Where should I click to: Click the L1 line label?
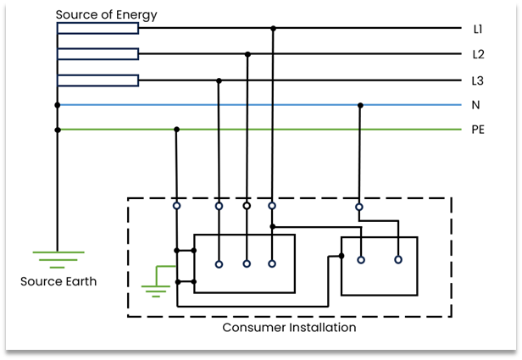click(x=478, y=29)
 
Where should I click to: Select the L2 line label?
click(x=478, y=54)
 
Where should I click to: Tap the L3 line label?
click(x=478, y=80)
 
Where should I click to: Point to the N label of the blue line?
click(x=476, y=106)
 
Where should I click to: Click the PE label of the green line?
click(x=478, y=130)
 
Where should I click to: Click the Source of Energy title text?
click(x=106, y=15)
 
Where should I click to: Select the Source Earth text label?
click(x=59, y=281)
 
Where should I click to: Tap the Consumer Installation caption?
click(x=289, y=327)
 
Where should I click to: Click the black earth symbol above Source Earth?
click(x=58, y=258)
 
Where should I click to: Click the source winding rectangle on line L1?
click(x=97, y=29)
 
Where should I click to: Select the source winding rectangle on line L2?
click(x=97, y=54)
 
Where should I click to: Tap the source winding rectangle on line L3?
click(x=97, y=80)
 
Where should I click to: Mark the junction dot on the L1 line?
click(x=272, y=29)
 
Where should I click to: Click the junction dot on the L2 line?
click(x=247, y=54)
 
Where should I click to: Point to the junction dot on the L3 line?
click(x=219, y=80)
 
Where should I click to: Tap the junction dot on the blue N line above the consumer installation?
click(x=359, y=106)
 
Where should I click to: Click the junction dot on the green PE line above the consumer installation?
click(x=176, y=130)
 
